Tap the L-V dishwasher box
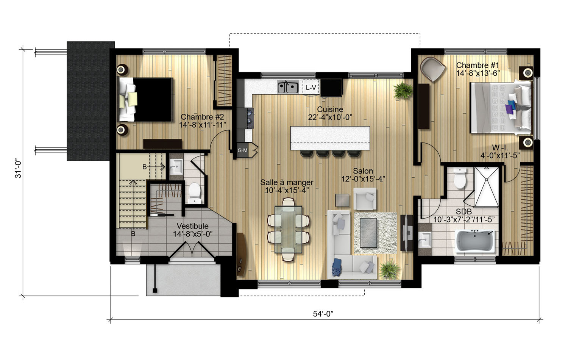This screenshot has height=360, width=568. point(311,88)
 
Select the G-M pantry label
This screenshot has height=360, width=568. point(242,150)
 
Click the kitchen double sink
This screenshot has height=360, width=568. point(288,87)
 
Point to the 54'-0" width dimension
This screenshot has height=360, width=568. point(323,314)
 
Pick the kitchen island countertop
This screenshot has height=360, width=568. point(330,138)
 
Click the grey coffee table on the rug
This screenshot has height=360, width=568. point(368,233)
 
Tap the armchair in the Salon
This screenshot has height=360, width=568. point(365,199)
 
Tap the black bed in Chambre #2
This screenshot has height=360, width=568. point(145,100)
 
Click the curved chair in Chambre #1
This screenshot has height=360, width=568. point(432,69)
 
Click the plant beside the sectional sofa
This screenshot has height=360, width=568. point(390,270)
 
